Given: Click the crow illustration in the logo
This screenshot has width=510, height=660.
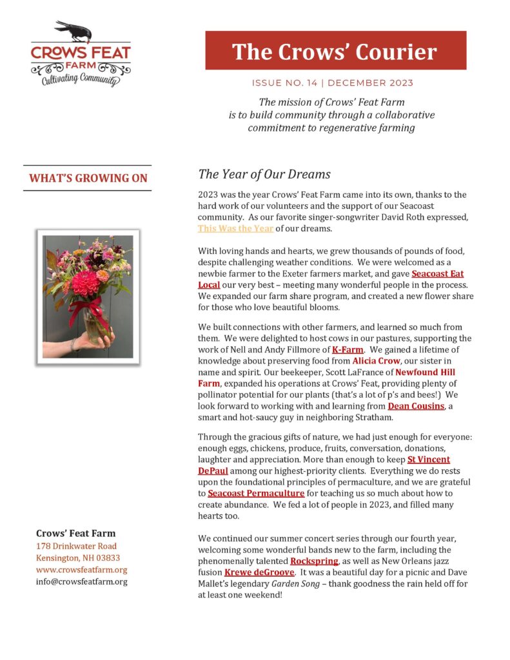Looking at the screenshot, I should point(72,30).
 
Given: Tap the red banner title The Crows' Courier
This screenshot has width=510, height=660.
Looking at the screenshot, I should point(335,51).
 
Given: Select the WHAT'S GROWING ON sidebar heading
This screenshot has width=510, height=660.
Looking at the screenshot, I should point(87,179).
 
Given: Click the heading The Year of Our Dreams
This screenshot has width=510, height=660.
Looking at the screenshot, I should point(264,174).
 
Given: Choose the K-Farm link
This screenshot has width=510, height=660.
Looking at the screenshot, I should point(348,349).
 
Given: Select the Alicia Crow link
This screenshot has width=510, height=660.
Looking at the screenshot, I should point(376,360).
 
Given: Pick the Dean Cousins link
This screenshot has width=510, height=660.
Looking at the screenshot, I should point(415,406).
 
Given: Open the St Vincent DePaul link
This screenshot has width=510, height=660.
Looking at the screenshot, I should point(429,459).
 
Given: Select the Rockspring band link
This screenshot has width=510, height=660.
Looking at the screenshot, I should point(314,561).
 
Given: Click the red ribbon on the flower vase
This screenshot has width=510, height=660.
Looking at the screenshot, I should point(90,309).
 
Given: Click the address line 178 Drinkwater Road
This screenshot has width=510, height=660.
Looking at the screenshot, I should point(76,546).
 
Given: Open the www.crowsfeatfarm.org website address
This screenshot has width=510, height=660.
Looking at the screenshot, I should point(81,570).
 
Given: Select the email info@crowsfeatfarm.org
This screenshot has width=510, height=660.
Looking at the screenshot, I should point(81,581).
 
